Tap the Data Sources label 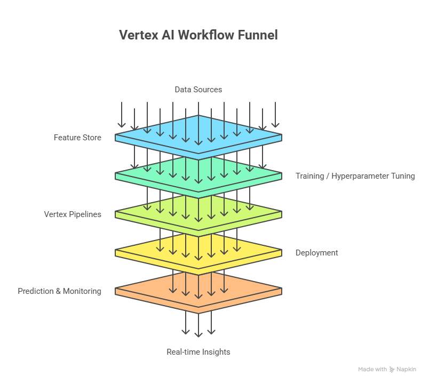click(198, 90)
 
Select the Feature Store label click(77, 138)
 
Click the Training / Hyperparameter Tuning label click(355, 176)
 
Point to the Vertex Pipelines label click(73, 214)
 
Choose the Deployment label click(316, 253)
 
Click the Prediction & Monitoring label click(59, 291)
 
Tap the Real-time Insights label click(198, 352)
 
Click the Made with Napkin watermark click(386, 369)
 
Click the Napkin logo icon click(392, 369)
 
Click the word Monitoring click(82, 291)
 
